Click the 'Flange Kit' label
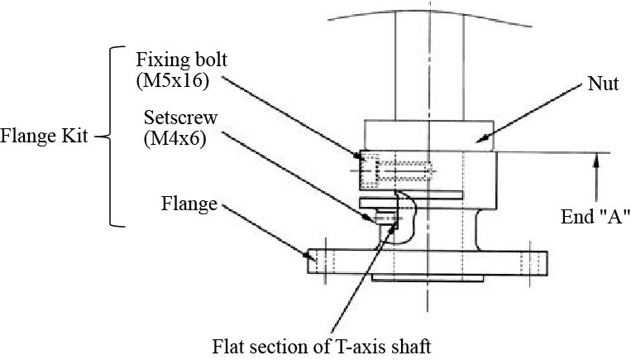pos(44,136)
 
